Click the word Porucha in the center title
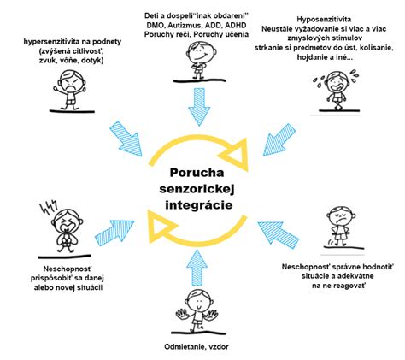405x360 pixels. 197,173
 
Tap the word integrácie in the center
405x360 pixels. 199,205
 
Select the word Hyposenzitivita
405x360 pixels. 324,20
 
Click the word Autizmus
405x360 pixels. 185,26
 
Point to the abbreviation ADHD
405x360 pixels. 235,26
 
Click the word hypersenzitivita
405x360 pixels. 47,42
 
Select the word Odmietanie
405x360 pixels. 185,347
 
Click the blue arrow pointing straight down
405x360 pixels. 199,107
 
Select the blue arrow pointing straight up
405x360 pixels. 197,268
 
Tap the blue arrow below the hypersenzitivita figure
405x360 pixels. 126,139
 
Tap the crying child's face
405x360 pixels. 337,82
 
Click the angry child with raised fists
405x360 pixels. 69,90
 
